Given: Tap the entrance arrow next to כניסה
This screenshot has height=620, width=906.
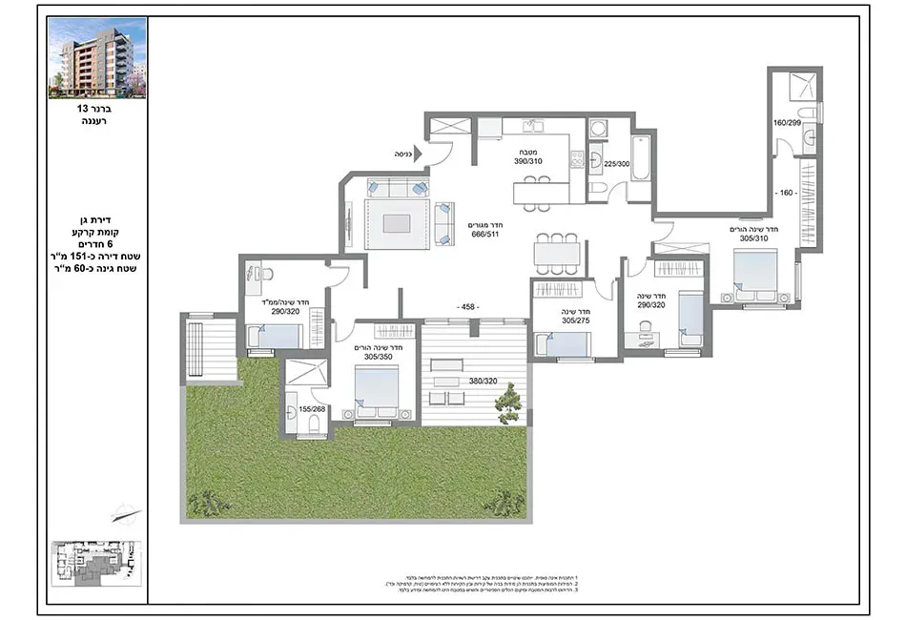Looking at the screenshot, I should click(418, 154).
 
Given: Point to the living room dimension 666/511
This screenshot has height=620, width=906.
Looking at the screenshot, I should click(484, 233).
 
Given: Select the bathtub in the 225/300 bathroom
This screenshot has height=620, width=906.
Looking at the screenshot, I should click(641, 163).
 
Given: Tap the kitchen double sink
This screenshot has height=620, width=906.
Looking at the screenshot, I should click(532, 126).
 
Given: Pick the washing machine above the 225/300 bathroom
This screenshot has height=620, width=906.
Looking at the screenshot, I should click(598, 129).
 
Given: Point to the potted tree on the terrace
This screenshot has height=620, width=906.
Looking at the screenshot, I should click(508, 401).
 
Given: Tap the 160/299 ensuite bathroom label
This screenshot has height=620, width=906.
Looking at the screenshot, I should click(787, 122).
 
